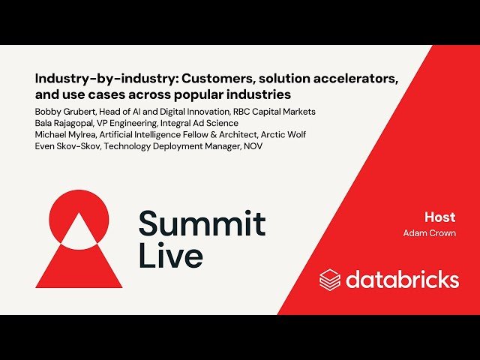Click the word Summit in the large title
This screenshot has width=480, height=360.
tap(202, 223)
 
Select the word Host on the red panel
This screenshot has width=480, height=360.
tap(439, 217)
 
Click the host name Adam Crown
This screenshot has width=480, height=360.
tap(429, 233)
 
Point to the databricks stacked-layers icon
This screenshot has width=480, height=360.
tap(330, 280)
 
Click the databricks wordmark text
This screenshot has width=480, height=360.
tap(402, 280)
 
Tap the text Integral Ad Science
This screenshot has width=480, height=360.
tap(199, 123)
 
